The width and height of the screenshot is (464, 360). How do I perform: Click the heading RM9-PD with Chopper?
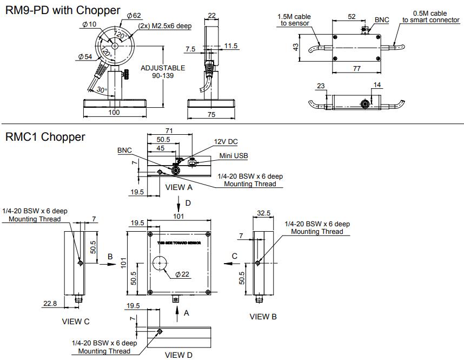(x=62, y=10)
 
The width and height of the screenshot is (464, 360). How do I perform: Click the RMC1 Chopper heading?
(x=45, y=137)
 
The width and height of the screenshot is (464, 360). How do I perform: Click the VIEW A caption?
(x=178, y=187)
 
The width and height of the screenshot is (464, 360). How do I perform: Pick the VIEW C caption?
(x=76, y=322)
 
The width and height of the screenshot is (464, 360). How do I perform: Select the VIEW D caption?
(x=178, y=355)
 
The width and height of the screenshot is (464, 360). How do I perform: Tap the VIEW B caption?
(x=263, y=317)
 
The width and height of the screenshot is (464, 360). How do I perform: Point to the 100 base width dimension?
(x=114, y=112)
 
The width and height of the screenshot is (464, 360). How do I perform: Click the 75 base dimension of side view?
(x=211, y=115)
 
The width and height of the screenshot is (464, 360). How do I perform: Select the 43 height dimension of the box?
(x=296, y=48)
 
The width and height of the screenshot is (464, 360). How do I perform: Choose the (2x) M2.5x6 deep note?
(x=164, y=25)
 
